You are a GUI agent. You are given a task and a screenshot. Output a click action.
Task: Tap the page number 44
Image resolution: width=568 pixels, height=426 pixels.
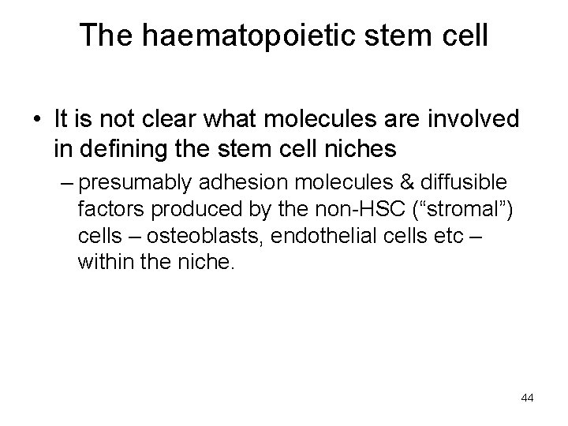[x=527, y=398]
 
